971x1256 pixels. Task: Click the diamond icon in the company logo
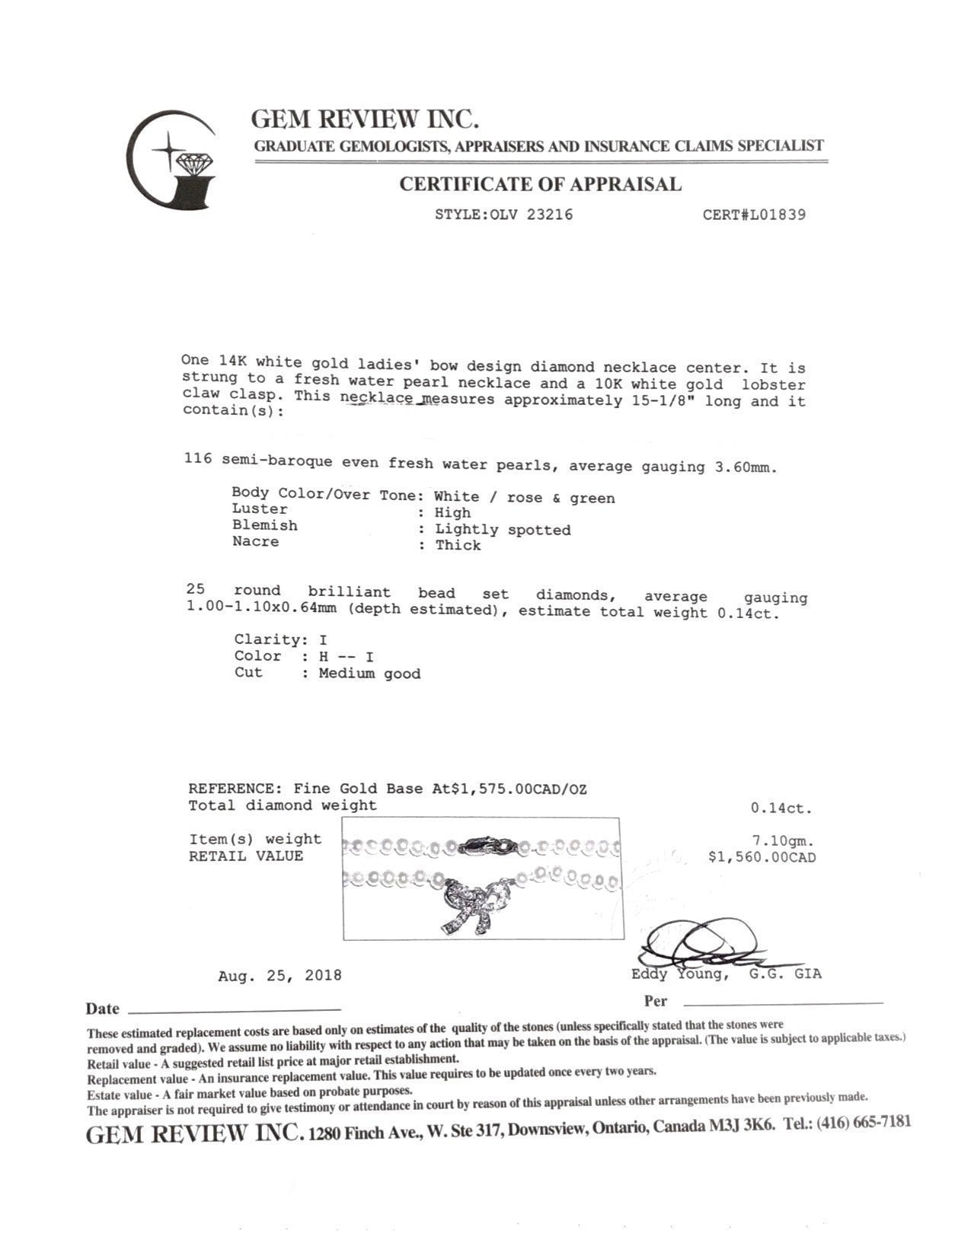click(x=196, y=162)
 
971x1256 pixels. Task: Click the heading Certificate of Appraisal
click(x=540, y=184)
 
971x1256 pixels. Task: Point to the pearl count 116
click(x=197, y=459)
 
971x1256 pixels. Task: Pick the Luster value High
click(x=452, y=513)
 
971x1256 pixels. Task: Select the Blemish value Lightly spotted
click(x=503, y=530)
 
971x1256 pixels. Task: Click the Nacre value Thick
click(x=458, y=545)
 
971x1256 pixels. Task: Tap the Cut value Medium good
click(x=369, y=674)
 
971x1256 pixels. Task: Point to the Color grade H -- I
click(x=346, y=656)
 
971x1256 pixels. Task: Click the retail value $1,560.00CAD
click(x=762, y=858)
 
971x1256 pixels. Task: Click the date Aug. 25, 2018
click(x=279, y=975)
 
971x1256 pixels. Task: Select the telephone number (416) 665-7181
click(x=863, y=1123)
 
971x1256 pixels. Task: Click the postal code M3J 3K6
click(x=740, y=1126)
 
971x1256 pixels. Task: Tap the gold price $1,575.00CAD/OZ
click(x=519, y=789)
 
